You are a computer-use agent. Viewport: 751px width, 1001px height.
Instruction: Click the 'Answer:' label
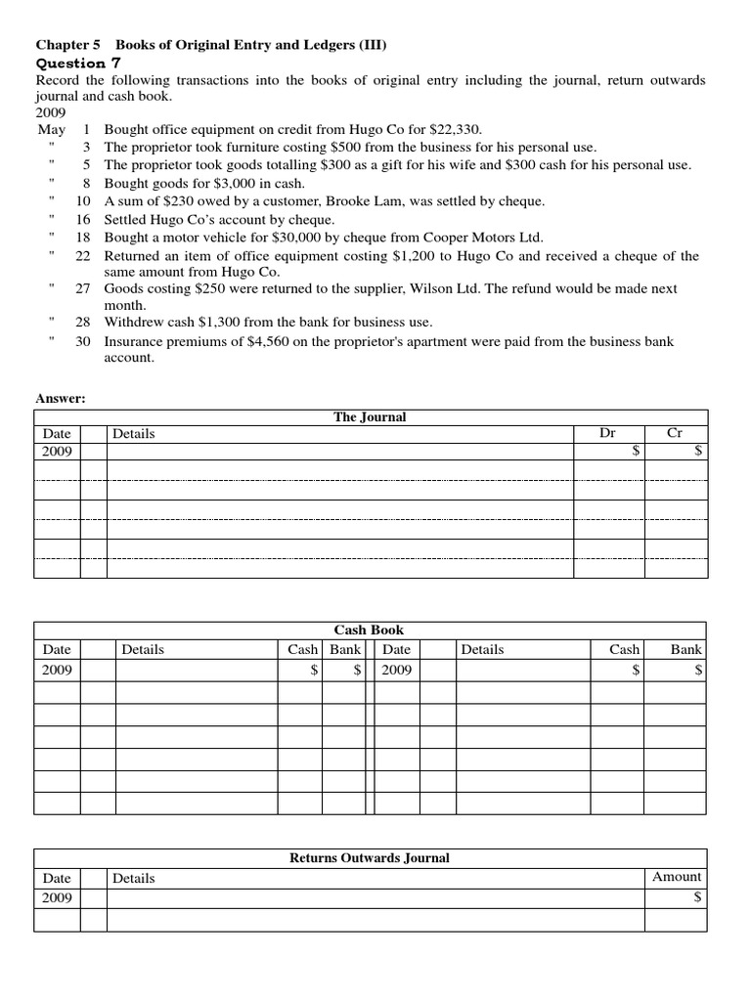[61, 399]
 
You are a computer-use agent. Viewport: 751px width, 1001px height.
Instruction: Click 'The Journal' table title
[370, 417]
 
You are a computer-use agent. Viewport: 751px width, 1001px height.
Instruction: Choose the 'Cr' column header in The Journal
[675, 433]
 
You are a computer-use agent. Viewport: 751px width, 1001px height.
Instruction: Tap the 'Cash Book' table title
[369, 631]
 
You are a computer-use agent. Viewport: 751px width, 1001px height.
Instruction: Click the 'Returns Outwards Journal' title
[370, 858]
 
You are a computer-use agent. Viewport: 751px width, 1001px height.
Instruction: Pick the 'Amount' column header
[677, 877]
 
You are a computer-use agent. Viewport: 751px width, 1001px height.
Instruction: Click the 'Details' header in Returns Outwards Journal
[133, 878]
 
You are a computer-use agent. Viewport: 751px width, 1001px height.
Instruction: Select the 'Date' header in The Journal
[57, 433]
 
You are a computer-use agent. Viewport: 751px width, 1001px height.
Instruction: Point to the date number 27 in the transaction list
[83, 289]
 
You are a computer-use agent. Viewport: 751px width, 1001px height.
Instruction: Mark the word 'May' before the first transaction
[51, 129]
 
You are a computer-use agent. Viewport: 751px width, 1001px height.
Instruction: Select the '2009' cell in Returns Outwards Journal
[57, 897]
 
